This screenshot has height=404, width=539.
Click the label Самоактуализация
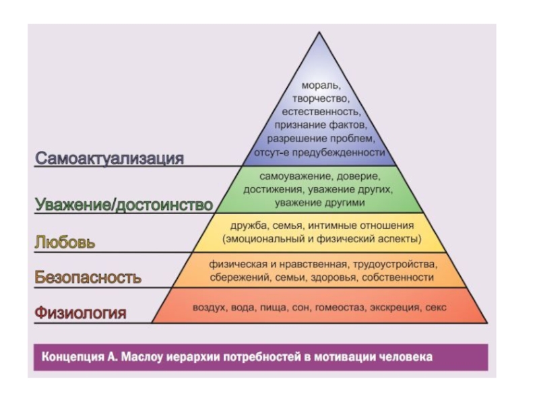109,159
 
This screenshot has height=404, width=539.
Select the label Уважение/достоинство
123,204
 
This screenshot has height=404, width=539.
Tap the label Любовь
65,242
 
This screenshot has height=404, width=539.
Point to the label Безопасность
88,277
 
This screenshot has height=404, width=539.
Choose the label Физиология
80,312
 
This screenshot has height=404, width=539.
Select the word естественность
320,112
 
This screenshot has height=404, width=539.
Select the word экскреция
393,308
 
